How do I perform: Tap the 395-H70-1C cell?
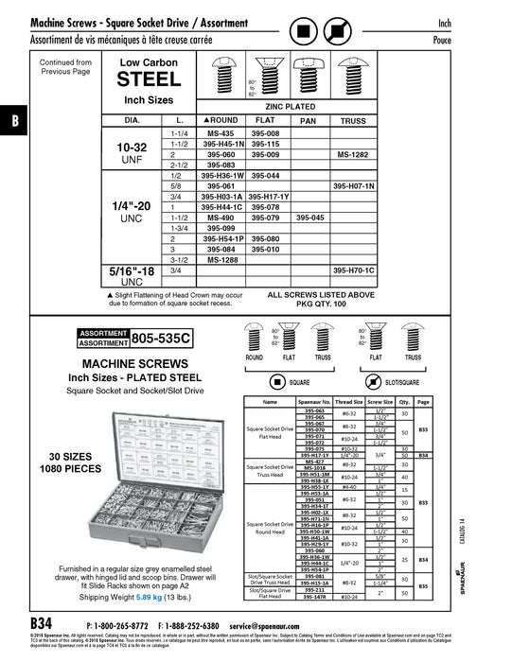coord(352,270)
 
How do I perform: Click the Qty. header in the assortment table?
coord(404,401)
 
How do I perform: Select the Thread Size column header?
coord(348,401)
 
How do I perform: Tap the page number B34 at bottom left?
coord(42,625)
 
